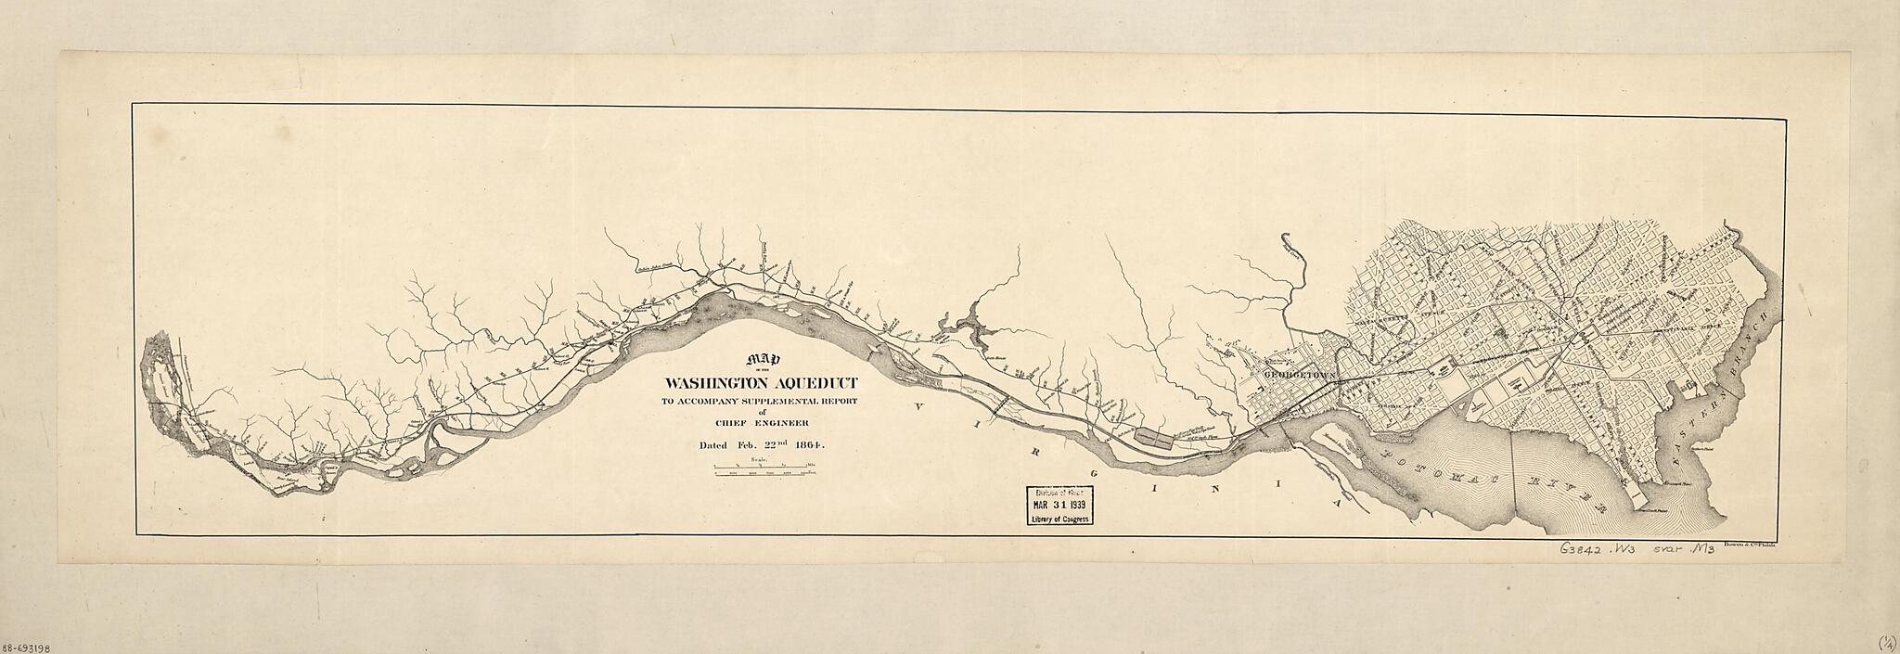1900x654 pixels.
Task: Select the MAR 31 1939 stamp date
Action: click(1058, 506)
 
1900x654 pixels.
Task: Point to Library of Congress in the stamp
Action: click(1058, 519)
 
